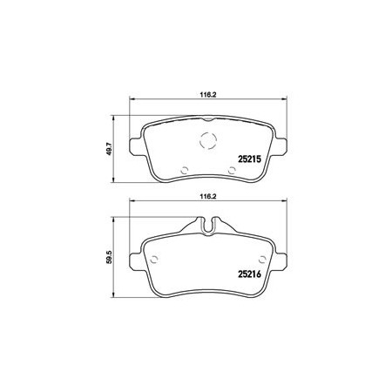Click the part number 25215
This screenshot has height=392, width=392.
point(250,159)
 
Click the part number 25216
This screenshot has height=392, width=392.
point(250,274)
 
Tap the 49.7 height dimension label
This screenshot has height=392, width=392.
point(110,149)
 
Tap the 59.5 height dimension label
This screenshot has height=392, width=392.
point(110,257)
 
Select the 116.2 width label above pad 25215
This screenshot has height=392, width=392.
point(208,94)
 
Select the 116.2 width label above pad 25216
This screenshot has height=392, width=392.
point(208,196)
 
